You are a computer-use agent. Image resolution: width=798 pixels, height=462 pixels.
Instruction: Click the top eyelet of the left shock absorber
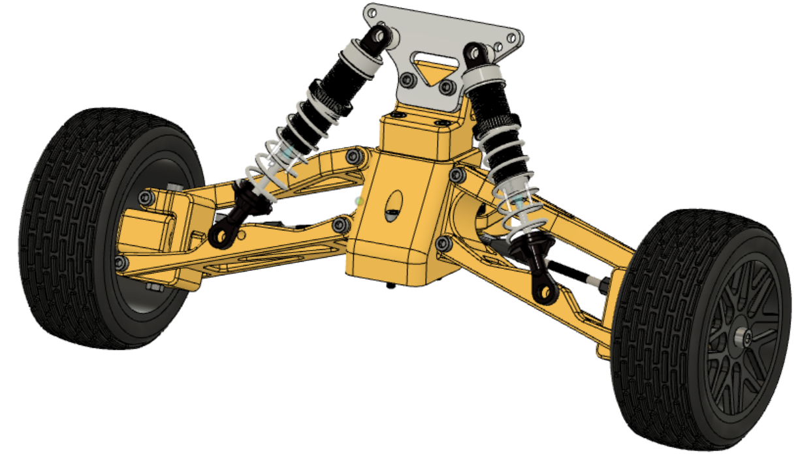pyautogui.click(x=380, y=36)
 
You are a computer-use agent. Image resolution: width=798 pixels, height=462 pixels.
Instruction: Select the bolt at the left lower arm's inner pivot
pyautogui.click(x=340, y=225)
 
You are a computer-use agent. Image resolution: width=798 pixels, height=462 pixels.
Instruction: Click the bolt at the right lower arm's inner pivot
pyautogui.click(x=443, y=244)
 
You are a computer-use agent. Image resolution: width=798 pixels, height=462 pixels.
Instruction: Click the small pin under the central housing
pyautogui.click(x=391, y=285)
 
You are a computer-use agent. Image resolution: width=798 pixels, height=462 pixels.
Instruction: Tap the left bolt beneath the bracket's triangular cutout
pyautogui.click(x=409, y=80)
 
